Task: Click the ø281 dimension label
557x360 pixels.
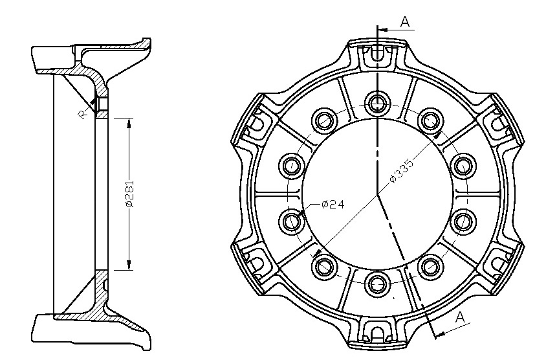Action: [129, 194]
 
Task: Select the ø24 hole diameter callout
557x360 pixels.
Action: [333, 205]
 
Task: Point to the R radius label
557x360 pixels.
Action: [82, 115]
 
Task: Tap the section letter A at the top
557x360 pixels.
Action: [405, 22]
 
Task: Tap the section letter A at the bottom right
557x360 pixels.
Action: [460, 317]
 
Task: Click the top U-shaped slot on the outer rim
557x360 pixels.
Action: [377, 54]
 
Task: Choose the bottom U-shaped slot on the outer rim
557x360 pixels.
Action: [377, 333]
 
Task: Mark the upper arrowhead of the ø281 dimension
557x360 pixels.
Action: [129, 123]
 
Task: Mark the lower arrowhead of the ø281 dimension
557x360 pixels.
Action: [129, 265]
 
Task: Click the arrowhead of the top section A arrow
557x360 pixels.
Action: [382, 30]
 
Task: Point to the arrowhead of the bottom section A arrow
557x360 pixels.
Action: [440, 333]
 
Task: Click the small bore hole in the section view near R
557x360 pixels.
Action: [102, 104]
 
